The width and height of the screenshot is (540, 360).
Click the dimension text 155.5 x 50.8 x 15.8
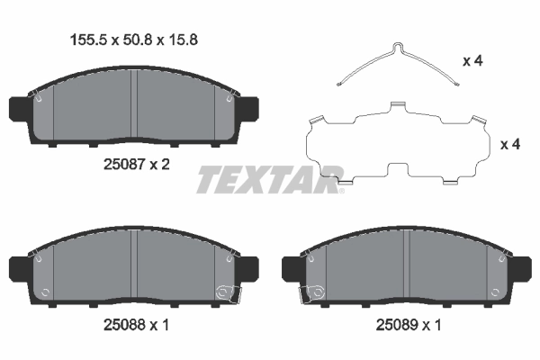[x=134, y=39]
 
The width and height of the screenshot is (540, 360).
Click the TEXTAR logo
[x=270, y=179]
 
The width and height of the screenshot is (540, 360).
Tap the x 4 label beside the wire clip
[x=472, y=61]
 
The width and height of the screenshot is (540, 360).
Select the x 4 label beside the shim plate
[x=510, y=145]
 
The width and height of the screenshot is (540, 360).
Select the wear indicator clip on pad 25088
[x=223, y=291]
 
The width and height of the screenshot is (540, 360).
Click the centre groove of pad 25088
[x=133, y=267]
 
